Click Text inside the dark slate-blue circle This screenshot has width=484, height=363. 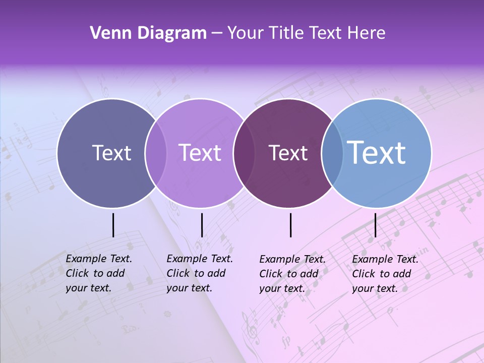tap(111, 153)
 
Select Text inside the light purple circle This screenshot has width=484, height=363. tap(200, 153)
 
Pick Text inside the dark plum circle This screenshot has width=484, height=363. tap(288, 153)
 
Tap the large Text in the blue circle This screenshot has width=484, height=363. tap(377, 152)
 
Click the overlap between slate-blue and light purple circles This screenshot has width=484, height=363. tap(156, 153)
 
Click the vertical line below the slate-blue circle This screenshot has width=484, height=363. tap(113, 225)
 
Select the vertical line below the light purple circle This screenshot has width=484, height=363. tap(202, 225)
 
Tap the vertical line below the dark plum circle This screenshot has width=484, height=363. tap(291, 225)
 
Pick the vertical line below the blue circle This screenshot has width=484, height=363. tap(375, 225)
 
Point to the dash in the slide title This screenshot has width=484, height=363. tap(217, 34)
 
